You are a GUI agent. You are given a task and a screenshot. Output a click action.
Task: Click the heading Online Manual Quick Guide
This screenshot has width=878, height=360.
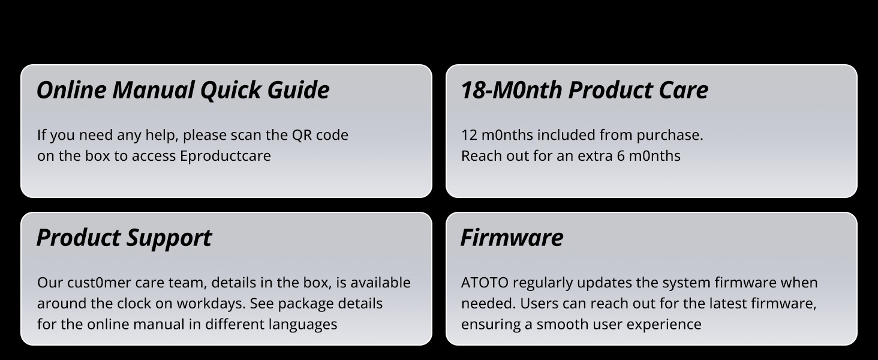click(183, 90)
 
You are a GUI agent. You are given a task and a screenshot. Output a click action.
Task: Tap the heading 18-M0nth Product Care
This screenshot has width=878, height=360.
click(584, 90)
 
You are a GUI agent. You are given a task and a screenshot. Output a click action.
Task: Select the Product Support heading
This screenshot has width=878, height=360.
click(124, 238)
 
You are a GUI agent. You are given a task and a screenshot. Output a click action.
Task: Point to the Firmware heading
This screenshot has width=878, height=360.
click(512, 237)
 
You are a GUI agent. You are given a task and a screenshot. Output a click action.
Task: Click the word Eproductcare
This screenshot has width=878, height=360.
click(225, 156)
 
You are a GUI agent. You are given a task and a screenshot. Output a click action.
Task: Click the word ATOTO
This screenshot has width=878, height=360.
click(485, 283)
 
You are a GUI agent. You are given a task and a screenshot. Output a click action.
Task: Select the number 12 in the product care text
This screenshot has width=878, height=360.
click(469, 135)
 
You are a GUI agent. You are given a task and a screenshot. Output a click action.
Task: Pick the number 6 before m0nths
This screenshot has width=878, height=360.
click(621, 156)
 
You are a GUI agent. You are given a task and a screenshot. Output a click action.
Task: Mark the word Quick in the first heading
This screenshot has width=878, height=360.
click(230, 90)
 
